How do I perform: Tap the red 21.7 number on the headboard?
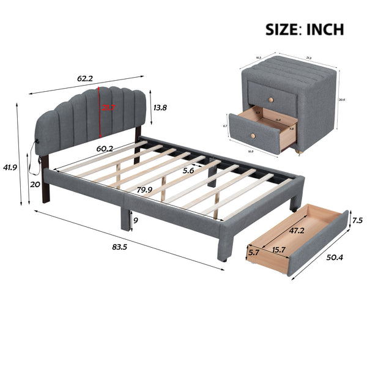109,108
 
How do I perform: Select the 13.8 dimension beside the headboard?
160,108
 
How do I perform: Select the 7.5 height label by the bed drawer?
357,220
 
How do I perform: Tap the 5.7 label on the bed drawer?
254,251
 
